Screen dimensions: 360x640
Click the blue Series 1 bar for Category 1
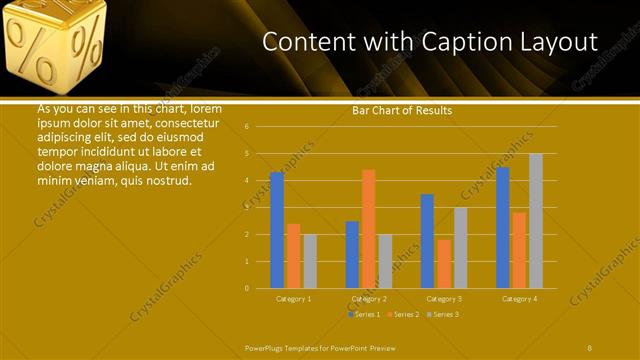(277, 230)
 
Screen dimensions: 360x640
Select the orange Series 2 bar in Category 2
(369, 229)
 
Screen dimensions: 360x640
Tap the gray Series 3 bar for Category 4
(536, 221)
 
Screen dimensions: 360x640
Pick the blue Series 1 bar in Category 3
(428, 241)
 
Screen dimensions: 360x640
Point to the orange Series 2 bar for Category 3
(444, 264)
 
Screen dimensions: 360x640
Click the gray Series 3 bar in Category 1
(310, 261)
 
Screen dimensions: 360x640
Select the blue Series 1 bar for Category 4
(503, 228)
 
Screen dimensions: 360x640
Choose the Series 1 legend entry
(363, 314)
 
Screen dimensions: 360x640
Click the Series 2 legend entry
(403, 314)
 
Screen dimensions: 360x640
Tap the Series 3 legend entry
(443, 314)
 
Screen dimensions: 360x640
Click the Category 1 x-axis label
(294, 298)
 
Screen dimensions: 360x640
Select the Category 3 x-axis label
(444, 298)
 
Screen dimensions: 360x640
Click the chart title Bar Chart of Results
(402, 110)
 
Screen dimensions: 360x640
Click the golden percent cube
(56, 45)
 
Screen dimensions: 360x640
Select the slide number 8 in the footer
(589, 347)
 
